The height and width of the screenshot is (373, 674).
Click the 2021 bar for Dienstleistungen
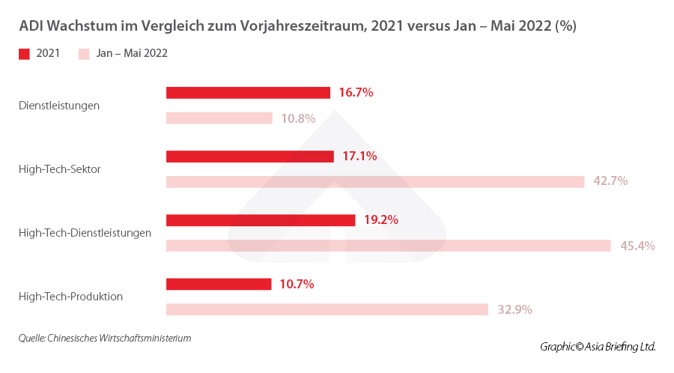click(248, 93)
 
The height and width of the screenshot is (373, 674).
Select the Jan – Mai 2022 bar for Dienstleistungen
click(219, 118)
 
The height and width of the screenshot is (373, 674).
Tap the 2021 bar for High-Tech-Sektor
click(249, 157)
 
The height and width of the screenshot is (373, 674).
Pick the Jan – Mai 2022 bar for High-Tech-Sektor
click(374, 182)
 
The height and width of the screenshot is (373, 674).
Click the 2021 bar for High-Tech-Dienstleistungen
click(260, 220)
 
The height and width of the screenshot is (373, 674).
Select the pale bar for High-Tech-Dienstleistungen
click(388, 246)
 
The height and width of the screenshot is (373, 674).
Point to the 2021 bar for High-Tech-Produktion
click(219, 284)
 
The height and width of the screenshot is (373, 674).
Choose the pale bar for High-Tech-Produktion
click(327, 309)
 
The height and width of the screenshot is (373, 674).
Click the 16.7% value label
click(356, 93)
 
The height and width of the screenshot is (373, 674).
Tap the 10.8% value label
click(298, 118)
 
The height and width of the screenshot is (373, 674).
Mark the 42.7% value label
click(610, 181)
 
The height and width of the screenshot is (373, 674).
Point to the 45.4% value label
click(637, 246)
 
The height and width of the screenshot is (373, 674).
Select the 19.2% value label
click(380, 220)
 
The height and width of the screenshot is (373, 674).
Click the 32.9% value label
click(514, 309)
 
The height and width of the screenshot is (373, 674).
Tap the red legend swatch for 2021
click(24, 54)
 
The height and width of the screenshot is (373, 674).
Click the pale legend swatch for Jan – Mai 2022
click(84, 54)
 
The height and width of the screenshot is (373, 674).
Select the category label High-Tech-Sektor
click(59, 169)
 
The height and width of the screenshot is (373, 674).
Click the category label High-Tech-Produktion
click(70, 297)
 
